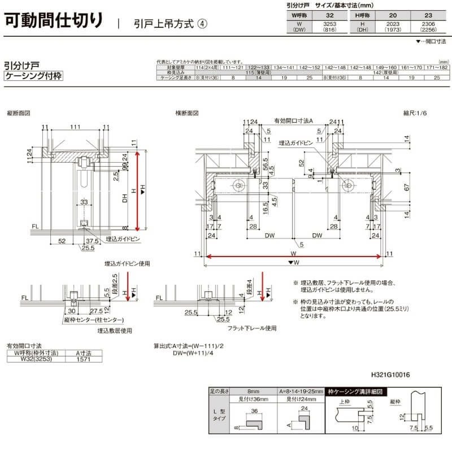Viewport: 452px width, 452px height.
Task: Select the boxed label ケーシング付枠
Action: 33,76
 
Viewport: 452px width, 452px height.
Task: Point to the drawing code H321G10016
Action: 390,375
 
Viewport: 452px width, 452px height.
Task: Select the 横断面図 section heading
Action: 187,113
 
